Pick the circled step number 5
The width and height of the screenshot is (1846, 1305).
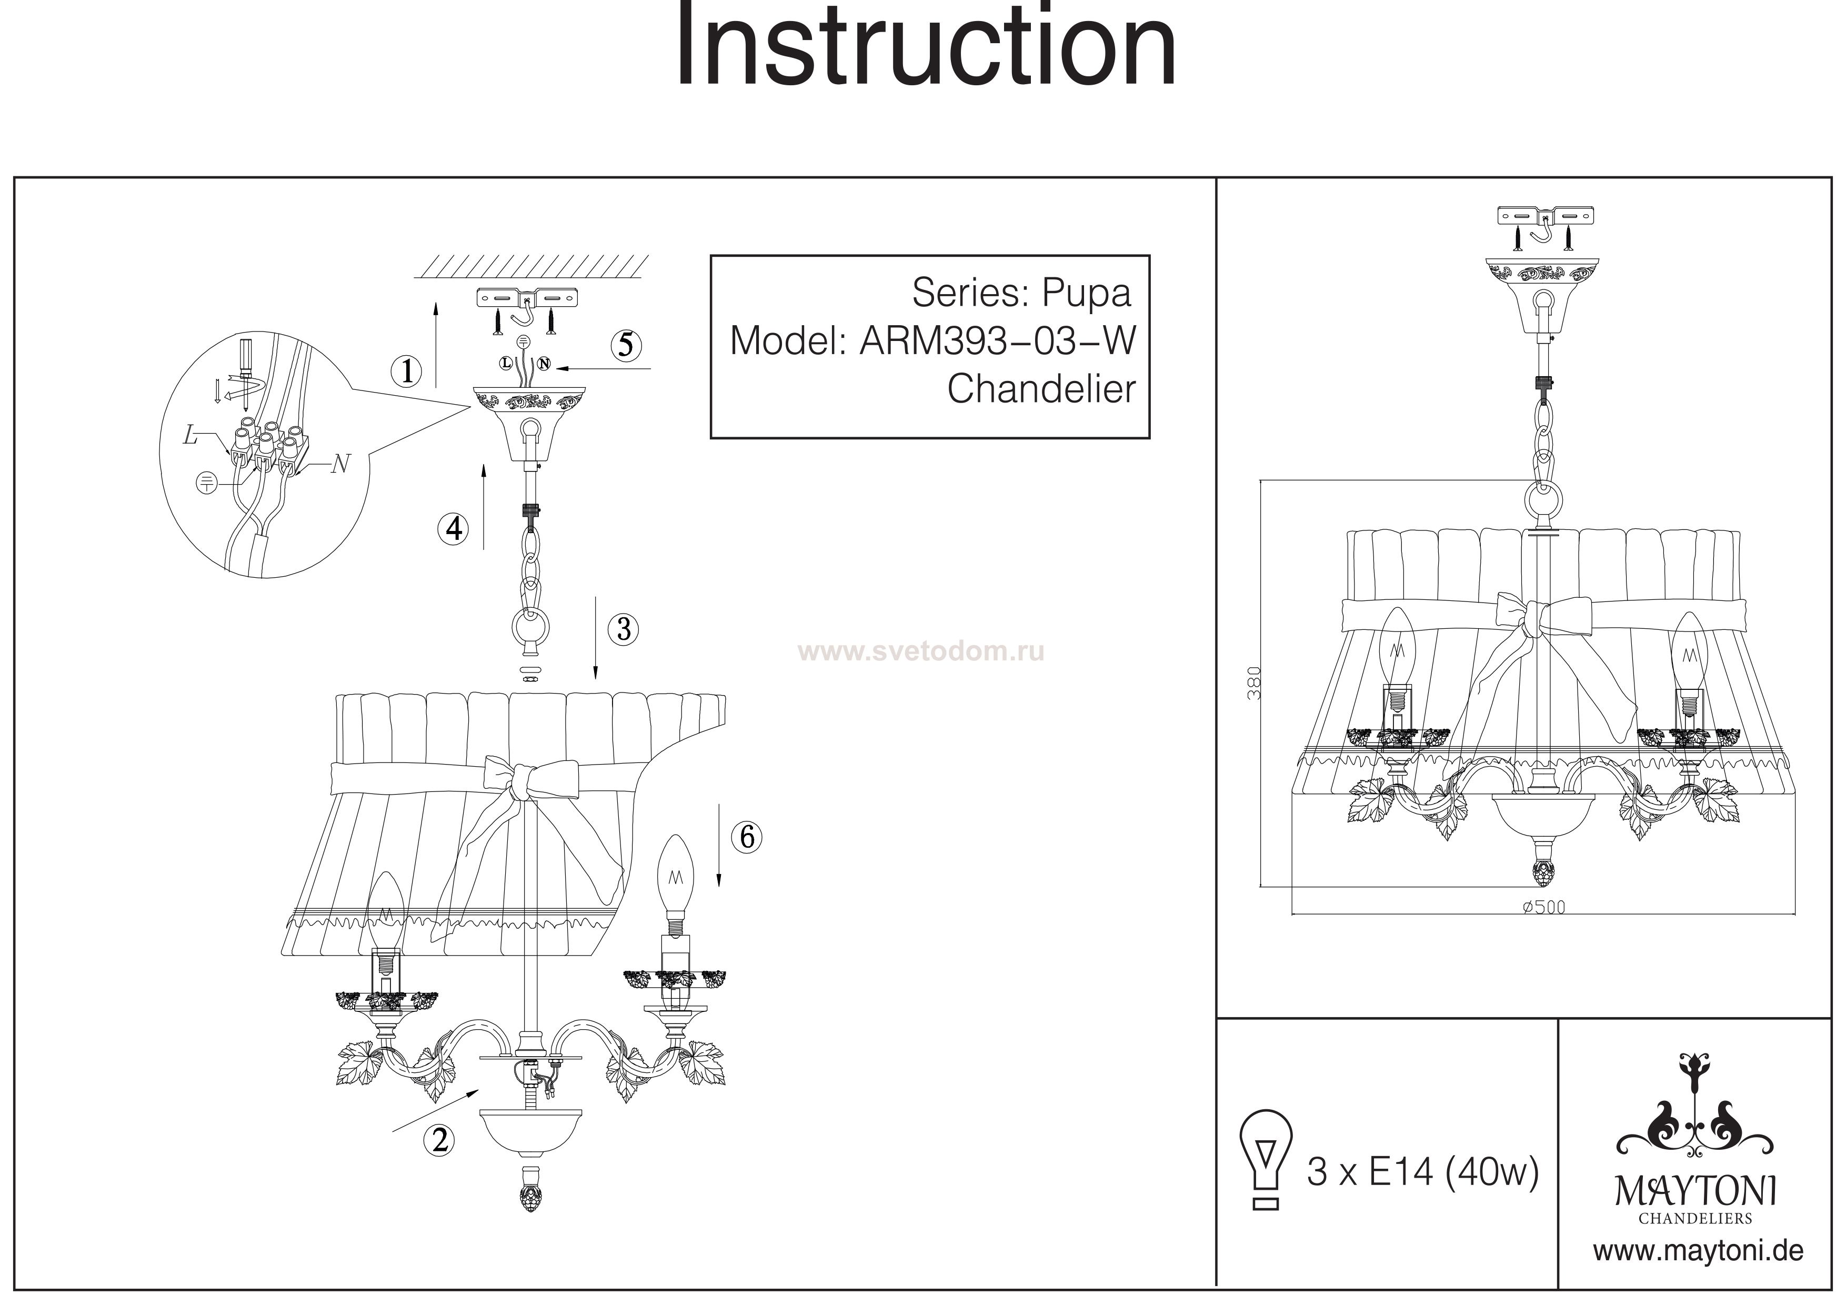coord(626,345)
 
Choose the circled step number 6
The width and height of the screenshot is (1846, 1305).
coord(746,837)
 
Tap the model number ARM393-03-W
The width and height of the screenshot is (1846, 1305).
coord(998,341)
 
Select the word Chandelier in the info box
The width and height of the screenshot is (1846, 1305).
coord(1041,389)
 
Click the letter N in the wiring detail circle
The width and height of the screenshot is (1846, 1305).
coord(341,464)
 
